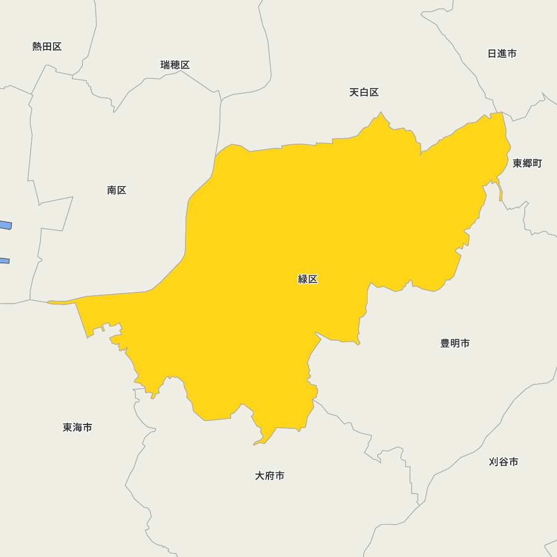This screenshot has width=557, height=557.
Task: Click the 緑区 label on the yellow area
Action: [307, 280]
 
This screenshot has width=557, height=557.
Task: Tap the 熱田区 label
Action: [47, 47]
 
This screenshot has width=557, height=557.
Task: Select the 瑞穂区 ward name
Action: [175, 65]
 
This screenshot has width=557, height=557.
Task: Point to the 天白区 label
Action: [364, 92]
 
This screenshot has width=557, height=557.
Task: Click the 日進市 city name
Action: [502, 53]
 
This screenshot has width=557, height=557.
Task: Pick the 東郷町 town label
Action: [527, 163]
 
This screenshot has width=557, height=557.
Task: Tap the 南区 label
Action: [117, 190]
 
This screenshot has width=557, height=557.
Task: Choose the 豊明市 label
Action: [455, 344]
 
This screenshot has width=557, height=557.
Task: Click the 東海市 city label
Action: [77, 428]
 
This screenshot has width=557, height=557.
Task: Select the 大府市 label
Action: [270, 476]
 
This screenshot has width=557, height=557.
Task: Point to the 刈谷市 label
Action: [504, 462]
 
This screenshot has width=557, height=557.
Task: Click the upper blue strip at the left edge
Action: [5, 225]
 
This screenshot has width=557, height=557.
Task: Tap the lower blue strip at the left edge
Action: [4, 260]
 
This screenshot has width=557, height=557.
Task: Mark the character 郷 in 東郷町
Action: [527, 163]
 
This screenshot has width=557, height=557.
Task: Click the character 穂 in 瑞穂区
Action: [175, 65]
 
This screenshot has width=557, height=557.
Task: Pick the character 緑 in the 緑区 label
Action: [302, 280]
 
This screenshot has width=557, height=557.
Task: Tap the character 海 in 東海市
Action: [77, 428]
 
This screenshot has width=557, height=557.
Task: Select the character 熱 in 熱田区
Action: [37, 47]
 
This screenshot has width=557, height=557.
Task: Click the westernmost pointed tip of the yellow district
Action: [48, 302]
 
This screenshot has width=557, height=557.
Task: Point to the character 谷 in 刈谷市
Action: [504, 462]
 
